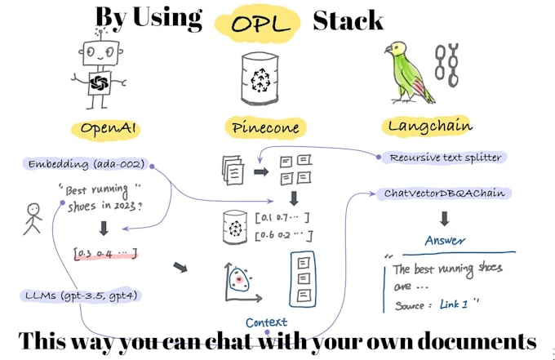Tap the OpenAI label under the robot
112,128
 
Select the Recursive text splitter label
444,157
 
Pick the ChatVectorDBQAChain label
442,193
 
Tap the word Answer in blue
445,241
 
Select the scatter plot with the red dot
238,282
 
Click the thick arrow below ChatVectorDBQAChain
445,218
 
